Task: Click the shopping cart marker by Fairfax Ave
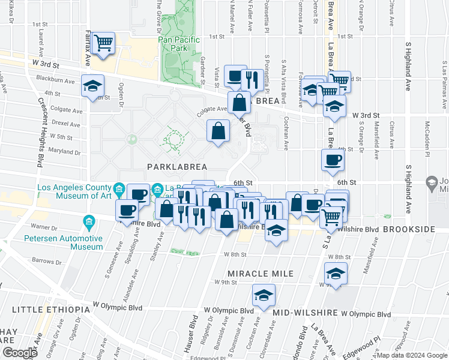pyautogui.click(x=104, y=43)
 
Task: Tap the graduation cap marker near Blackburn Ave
pyautogui.click(x=92, y=85)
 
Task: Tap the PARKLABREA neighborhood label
pyautogui.click(x=175, y=166)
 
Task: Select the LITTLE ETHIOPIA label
pyautogui.click(x=50, y=310)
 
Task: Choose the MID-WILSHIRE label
pyautogui.click(x=305, y=313)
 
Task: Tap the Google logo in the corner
pyautogui.click(x=19, y=352)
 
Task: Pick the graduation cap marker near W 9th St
pyautogui.click(x=336, y=274)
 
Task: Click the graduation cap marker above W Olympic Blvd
pyautogui.click(x=263, y=295)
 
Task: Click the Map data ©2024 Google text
pyautogui.click(x=412, y=355)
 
